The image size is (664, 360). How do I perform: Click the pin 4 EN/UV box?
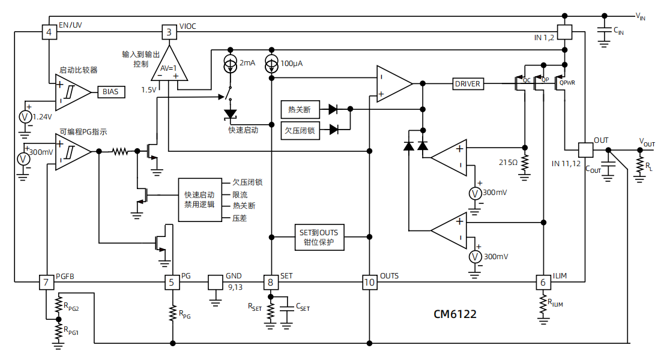49,32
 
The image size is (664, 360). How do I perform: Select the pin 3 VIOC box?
169,32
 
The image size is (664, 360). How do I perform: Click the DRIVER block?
468,84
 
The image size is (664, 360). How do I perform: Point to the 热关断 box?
300,109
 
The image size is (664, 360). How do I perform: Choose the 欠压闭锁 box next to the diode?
300,130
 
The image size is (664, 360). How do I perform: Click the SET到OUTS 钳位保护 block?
319,238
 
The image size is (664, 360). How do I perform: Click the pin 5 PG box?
172,281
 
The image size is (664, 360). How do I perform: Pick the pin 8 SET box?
271,281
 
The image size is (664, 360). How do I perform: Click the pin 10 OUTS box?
369,281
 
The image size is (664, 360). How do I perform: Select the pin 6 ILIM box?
543,281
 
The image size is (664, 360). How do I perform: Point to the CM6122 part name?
455,314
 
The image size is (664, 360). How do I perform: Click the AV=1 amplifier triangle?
169,66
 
